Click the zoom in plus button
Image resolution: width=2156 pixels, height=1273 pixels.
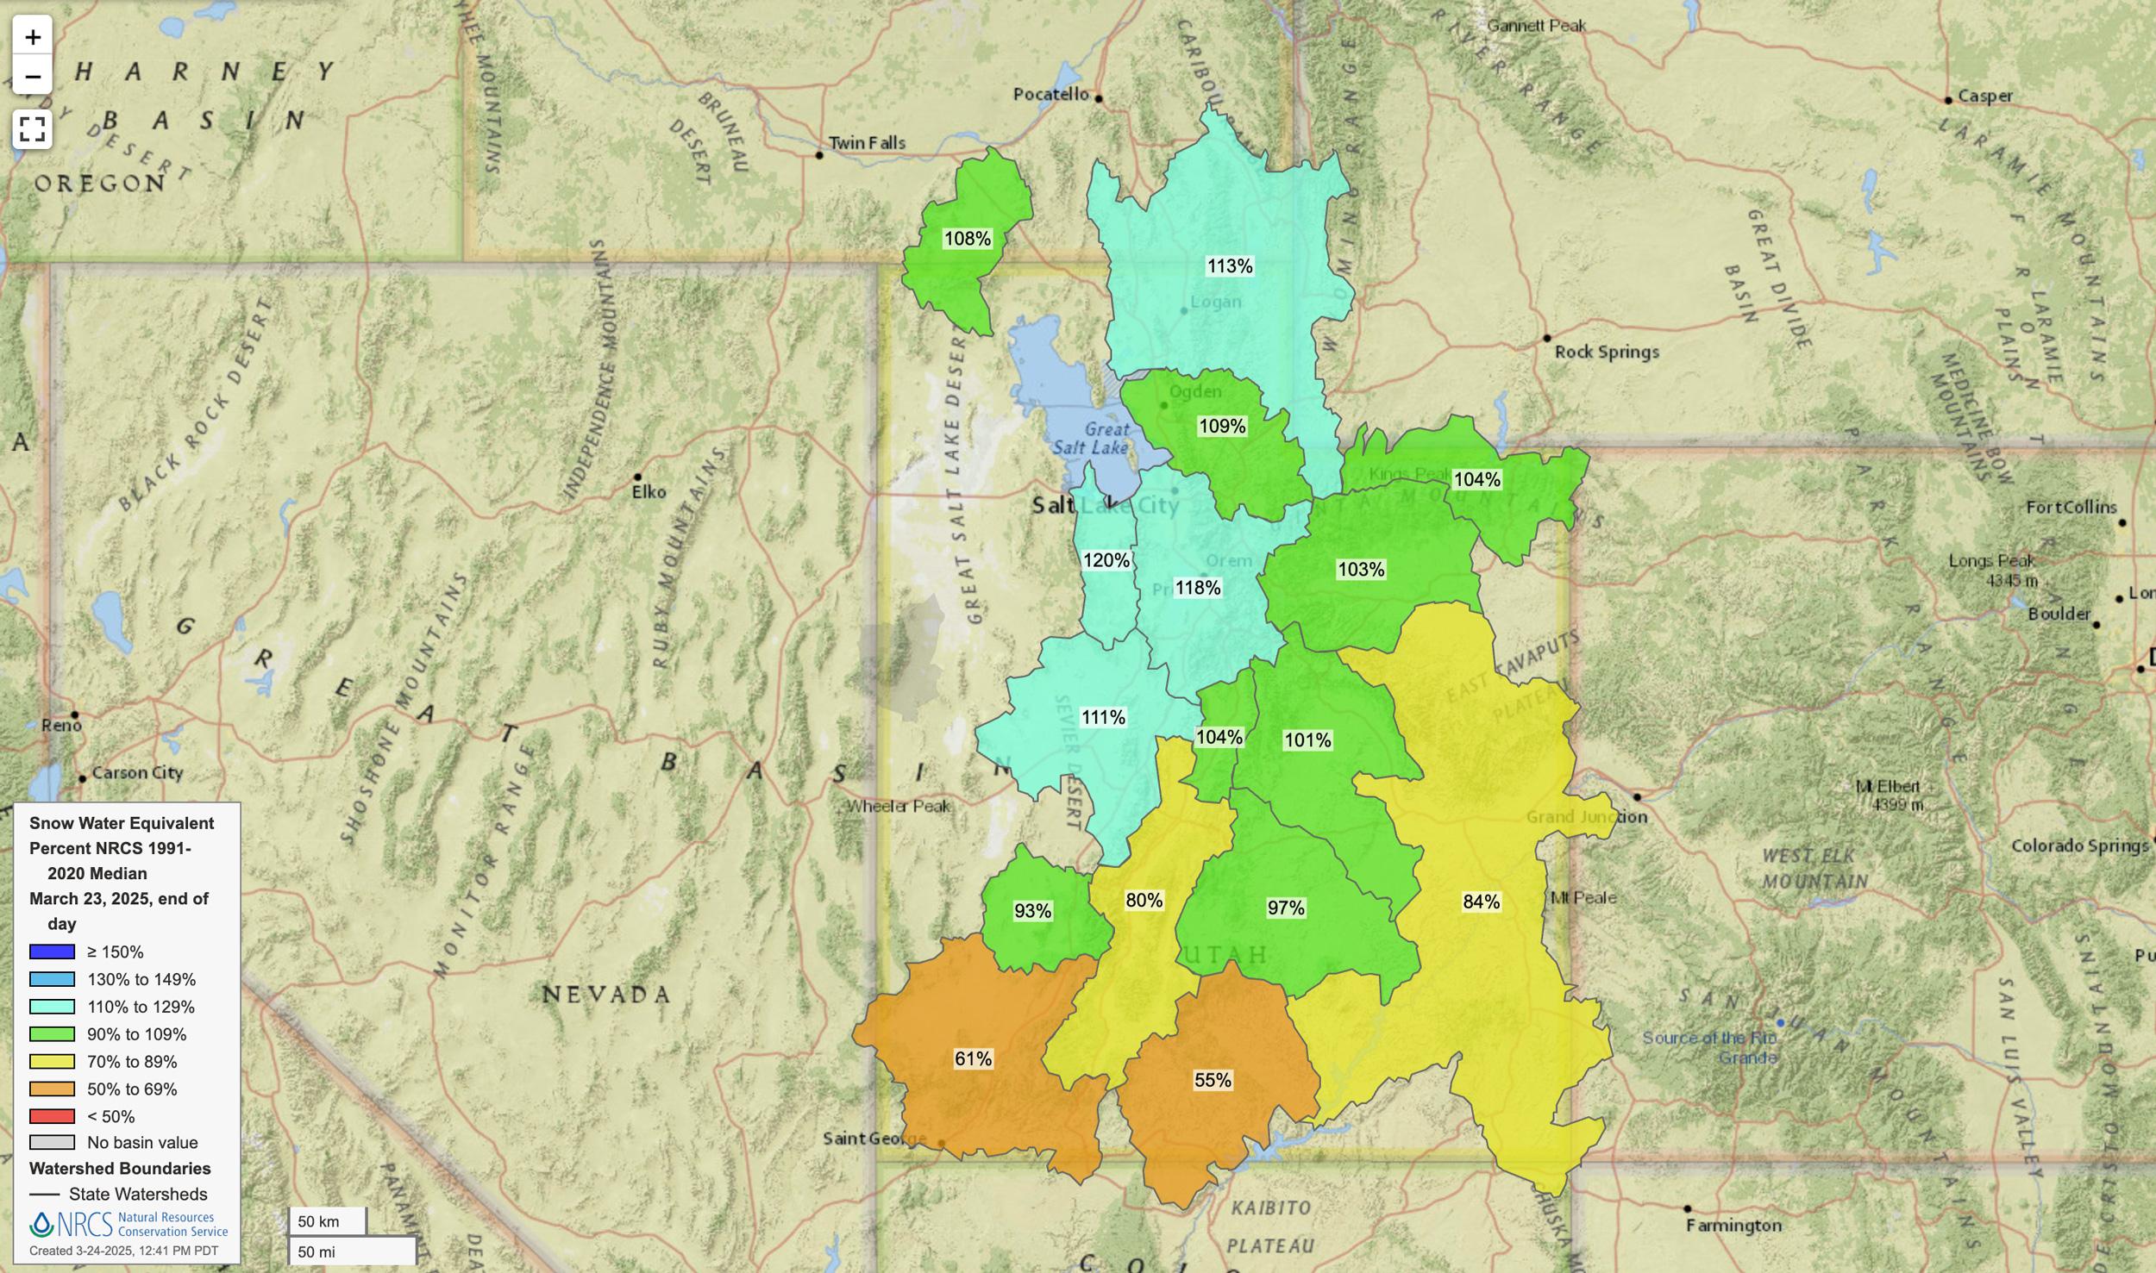pos(33,37)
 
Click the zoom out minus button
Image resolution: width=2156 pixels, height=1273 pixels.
pos(33,77)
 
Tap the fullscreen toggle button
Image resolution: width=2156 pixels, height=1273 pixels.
pos(33,129)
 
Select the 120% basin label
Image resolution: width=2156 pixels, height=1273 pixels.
pos(1106,560)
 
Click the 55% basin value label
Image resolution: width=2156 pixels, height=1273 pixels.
pos(1212,1080)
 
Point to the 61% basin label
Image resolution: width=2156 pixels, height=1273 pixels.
pos(973,1058)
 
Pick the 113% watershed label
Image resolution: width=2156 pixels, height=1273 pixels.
pos(1229,266)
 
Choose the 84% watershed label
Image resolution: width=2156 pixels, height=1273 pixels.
pos(1481,902)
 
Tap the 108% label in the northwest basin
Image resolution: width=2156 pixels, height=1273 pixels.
pos(967,239)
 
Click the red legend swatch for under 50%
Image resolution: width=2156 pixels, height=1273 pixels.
pos(52,1116)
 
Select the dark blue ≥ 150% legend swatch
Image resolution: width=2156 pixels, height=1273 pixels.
pos(52,952)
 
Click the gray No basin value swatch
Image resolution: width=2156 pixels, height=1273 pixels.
pos(52,1142)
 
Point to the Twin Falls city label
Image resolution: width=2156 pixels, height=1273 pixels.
pos(866,143)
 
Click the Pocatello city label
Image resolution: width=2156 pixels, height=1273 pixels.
pos(1050,94)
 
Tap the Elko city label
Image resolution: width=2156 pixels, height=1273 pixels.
pos(649,492)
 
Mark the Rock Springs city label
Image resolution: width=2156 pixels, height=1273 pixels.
pos(1606,352)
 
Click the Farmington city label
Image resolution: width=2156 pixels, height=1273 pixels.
pos(1733,1225)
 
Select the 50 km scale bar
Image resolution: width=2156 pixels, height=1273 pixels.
pos(328,1221)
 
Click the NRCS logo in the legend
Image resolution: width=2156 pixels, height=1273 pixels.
pos(129,1224)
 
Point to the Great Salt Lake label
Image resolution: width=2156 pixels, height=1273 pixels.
pos(1094,438)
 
